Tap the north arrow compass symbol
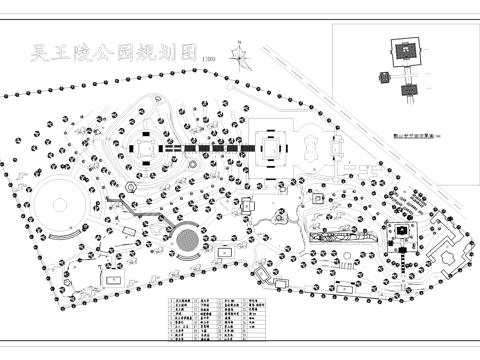240,49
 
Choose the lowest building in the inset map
407,89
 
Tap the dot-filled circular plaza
186,240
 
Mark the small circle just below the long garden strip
345,258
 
